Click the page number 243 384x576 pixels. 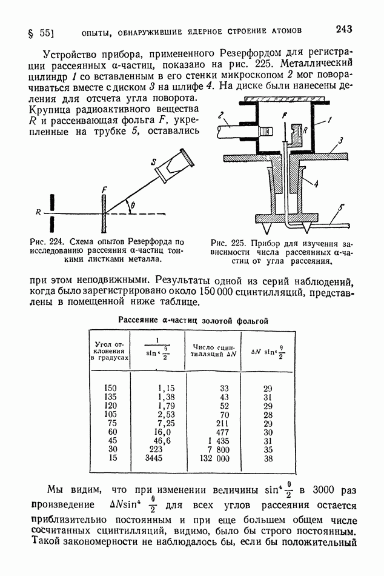[x=343, y=29]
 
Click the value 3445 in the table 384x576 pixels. [x=153, y=458]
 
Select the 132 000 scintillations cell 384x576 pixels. [x=214, y=458]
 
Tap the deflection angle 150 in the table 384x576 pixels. [x=110, y=388]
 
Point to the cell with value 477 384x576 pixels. [x=222, y=432]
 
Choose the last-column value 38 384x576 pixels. [x=268, y=458]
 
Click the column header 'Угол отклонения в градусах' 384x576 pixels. [x=110, y=351]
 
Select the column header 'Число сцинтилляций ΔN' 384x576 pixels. [x=214, y=350]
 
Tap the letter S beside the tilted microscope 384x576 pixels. [x=154, y=162]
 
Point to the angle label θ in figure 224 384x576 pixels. [x=133, y=206]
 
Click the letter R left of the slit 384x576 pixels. [x=38, y=212]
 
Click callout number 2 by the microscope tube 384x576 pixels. [x=220, y=116]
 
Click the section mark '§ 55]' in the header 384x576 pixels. [x=41, y=33]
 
